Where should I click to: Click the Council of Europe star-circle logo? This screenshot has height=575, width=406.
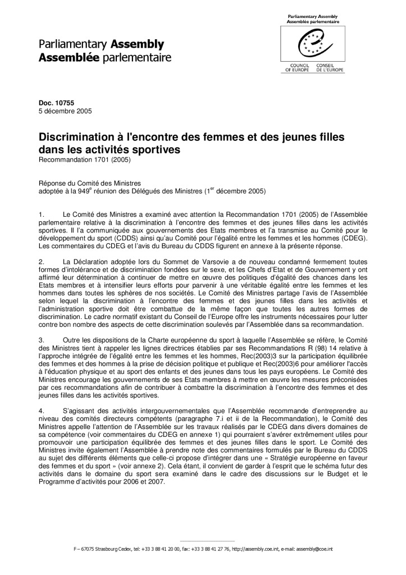point(313,45)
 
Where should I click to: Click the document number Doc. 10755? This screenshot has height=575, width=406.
point(53,103)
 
